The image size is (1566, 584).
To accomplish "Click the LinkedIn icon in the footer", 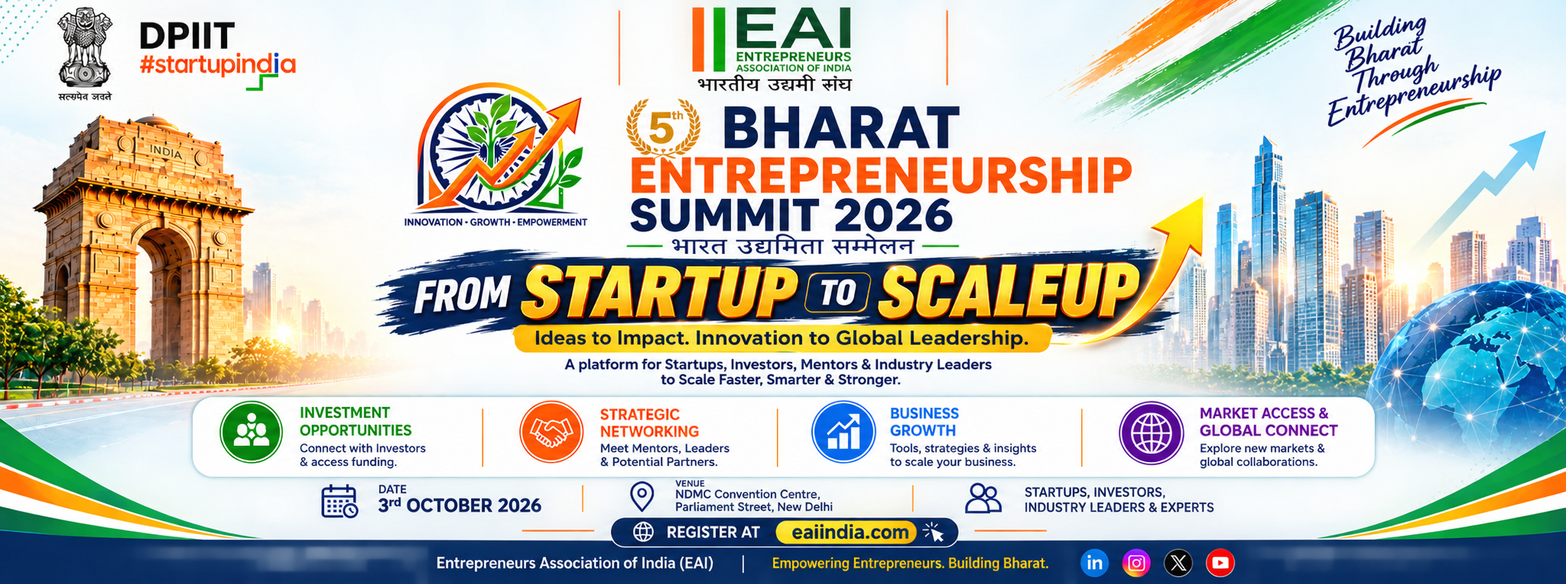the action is [x=1095, y=563].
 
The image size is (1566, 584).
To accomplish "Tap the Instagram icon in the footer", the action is [x=1137, y=563].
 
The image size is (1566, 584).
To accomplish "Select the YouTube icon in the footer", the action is [x=1220, y=563].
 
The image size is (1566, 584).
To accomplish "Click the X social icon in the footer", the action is [x=1179, y=563].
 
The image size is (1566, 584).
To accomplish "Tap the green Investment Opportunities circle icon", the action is [x=252, y=432].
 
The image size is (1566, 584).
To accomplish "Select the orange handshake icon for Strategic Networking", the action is [x=551, y=432].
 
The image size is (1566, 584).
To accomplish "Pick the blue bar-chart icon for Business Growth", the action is [x=843, y=432].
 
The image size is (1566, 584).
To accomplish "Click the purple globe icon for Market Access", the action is [x=1151, y=433].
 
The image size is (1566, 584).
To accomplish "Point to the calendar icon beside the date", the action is [x=339, y=501].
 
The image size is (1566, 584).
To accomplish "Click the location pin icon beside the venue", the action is [x=642, y=496].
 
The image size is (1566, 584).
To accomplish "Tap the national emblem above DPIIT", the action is [x=85, y=51].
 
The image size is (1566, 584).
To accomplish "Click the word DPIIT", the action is [x=188, y=37].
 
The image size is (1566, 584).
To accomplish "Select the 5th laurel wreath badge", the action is [x=663, y=127].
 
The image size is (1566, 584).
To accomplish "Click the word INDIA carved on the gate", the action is [x=165, y=152].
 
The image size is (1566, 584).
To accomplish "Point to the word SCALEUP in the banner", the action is [x=1006, y=290].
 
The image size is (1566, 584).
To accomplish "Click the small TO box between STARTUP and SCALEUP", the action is [x=837, y=293].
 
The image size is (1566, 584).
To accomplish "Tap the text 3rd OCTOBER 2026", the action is [x=460, y=505].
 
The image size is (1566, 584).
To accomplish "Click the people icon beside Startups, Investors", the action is [x=984, y=499].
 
